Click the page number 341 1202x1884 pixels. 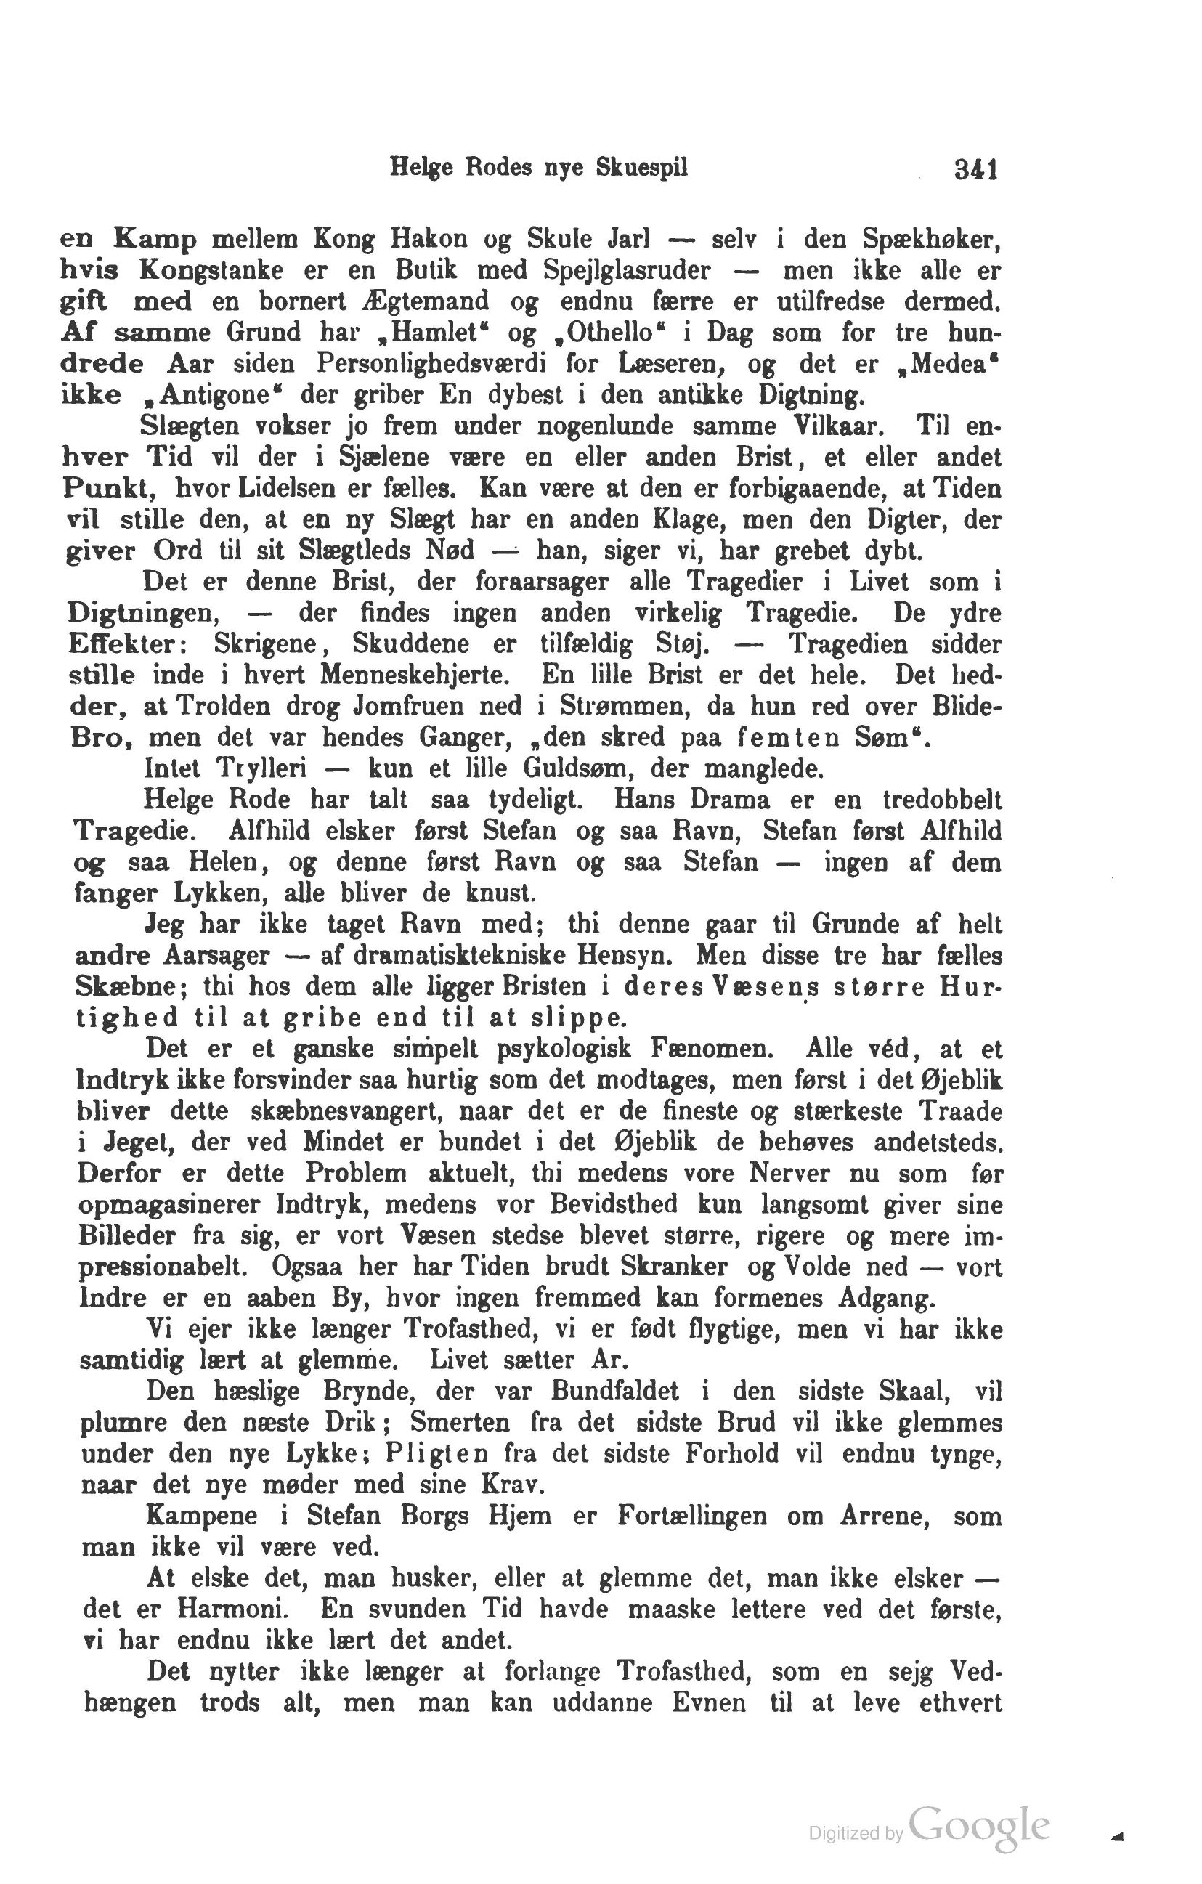(x=975, y=170)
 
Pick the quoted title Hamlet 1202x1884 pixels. (x=435, y=333)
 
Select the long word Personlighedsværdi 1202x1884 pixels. (x=431, y=364)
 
